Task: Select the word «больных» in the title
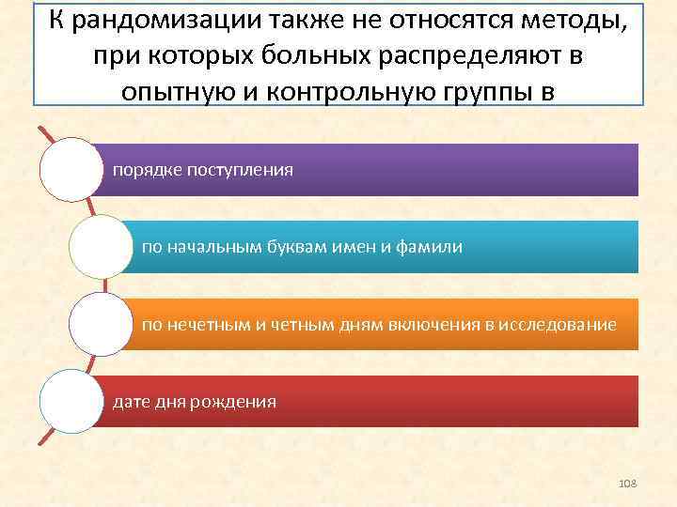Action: [299, 56]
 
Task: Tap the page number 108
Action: [628, 483]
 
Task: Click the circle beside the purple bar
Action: [71, 170]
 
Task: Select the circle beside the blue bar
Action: [100, 247]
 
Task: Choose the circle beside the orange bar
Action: [100, 325]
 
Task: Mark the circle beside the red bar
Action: [71, 402]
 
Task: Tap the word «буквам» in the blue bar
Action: [299, 247]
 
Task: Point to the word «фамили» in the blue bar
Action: [433, 247]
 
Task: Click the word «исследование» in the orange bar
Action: [562, 325]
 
